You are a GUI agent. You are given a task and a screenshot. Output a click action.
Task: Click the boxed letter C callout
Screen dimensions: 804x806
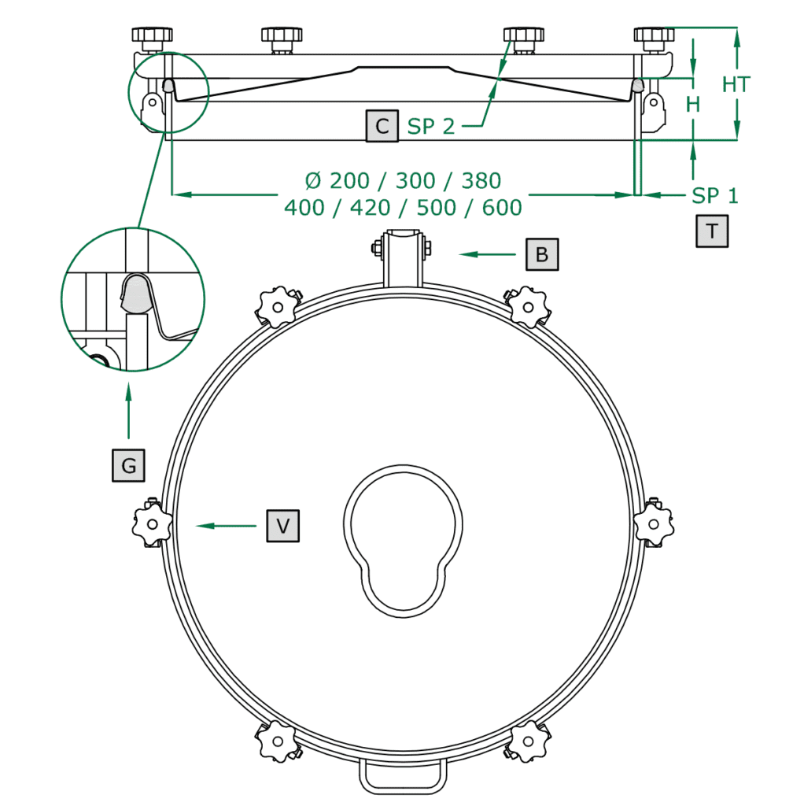pyautogui.click(x=382, y=126)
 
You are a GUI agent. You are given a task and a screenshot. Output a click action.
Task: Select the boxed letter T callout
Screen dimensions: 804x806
pyautogui.click(x=712, y=231)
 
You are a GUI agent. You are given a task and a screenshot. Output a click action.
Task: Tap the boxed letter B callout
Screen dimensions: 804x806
pyautogui.click(x=542, y=254)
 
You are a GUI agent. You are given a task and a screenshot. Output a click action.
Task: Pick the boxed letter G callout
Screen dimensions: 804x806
pyautogui.click(x=128, y=466)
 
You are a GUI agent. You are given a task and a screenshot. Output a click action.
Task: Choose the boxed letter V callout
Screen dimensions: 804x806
pyautogui.click(x=283, y=526)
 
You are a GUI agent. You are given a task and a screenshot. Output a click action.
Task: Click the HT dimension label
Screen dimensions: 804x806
pyautogui.click(x=736, y=85)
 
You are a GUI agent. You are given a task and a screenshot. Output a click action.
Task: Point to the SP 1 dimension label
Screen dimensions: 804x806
pyautogui.click(x=714, y=196)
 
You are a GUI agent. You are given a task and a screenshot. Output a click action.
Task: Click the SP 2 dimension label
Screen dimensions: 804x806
pyautogui.click(x=431, y=127)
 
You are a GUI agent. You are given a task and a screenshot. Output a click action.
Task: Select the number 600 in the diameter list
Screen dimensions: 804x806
pyautogui.click(x=502, y=208)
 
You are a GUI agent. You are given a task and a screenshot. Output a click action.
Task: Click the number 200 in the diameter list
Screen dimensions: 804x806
pyautogui.click(x=349, y=181)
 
